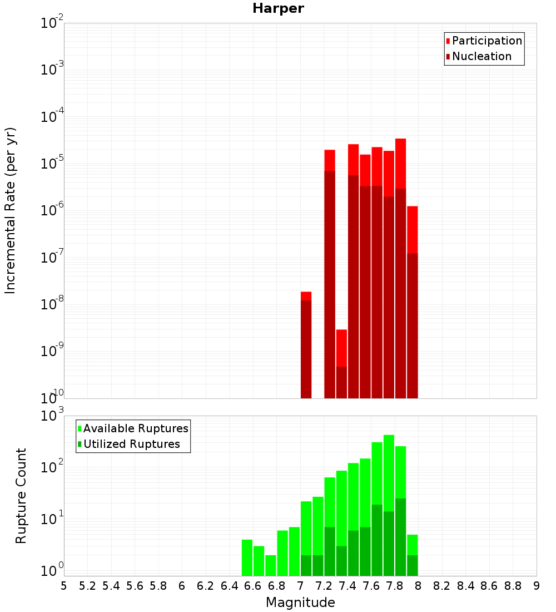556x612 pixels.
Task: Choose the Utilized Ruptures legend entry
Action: tap(131, 444)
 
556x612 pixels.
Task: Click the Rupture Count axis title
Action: tap(21, 495)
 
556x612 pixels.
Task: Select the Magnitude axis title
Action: tap(300, 602)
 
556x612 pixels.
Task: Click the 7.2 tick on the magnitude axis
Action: tap(324, 586)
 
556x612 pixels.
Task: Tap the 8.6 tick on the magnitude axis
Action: tap(489, 586)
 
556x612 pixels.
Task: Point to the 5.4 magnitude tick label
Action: tap(111, 586)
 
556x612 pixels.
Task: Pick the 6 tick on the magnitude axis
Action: tap(182, 586)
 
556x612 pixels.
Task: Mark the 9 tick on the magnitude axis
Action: tap(537, 586)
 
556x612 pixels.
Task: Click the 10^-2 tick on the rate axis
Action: tap(52, 23)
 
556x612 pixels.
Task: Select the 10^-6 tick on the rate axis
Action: tap(52, 210)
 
